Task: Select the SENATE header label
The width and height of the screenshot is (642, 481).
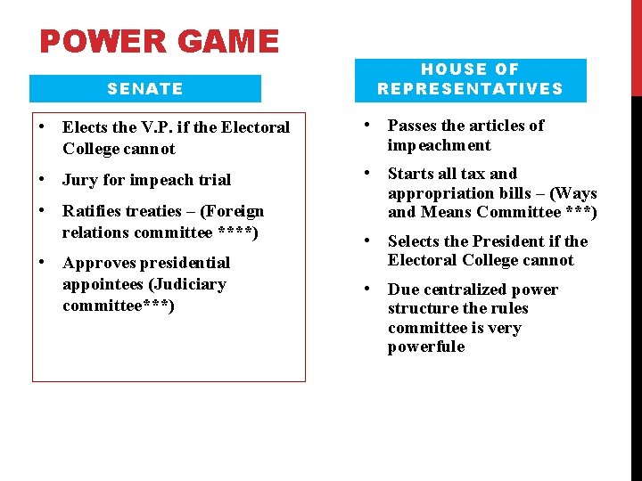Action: coord(145,88)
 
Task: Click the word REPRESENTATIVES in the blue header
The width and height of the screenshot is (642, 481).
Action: coord(470,88)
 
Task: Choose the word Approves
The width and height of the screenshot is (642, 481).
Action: coord(100,263)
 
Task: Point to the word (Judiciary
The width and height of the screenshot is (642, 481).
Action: coord(188,284)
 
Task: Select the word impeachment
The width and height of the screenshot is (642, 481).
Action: coord(440,145)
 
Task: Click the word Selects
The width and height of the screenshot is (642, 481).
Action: coord(416,241)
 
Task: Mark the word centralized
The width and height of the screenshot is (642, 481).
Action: coord(465,289)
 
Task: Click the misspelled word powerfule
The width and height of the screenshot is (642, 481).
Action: coord(426,347)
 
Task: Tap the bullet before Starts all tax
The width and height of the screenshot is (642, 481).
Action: coord(366,173)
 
